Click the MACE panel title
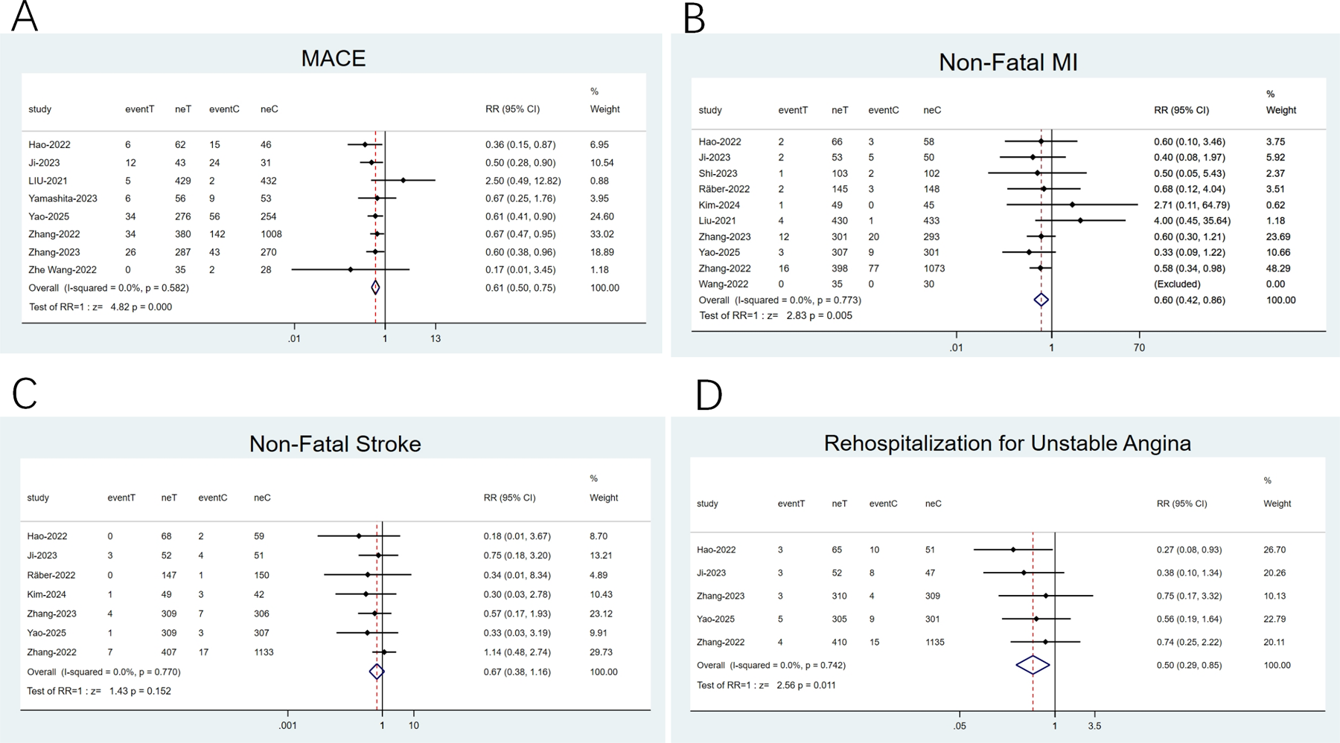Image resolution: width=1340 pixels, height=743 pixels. [x=333, y=59]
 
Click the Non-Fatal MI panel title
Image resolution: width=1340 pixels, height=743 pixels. [x=1008, y=62]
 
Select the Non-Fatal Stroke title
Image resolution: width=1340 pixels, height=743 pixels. [x=335, y=444]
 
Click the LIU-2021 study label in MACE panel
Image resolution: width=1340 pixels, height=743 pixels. [x=48, y=181]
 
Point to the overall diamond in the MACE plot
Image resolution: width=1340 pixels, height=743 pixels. [x=375, y=288]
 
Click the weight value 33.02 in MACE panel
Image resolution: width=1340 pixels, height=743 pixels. [x=604, y=234]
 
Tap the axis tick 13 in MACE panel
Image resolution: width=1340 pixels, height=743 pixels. [x=435, y=338]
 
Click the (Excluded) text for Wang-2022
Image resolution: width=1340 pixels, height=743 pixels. [x=1177, y=284]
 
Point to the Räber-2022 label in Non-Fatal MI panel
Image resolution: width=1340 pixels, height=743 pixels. [x=724, y=189]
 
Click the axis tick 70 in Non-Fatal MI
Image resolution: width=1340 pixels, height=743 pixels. [x=1139, y=347]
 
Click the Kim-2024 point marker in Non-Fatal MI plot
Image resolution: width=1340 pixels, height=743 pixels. [x=1072, y=205]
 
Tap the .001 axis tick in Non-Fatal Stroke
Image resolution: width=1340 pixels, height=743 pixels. [x=288, y=725]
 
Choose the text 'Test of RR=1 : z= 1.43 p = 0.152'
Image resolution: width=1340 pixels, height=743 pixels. [x=99, y=691]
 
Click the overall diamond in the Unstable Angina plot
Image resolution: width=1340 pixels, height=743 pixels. [x=1033, y=665]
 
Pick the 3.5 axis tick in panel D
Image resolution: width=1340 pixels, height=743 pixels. [x=1094, y=725]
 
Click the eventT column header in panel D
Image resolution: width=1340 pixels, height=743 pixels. [x=791, y=504]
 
